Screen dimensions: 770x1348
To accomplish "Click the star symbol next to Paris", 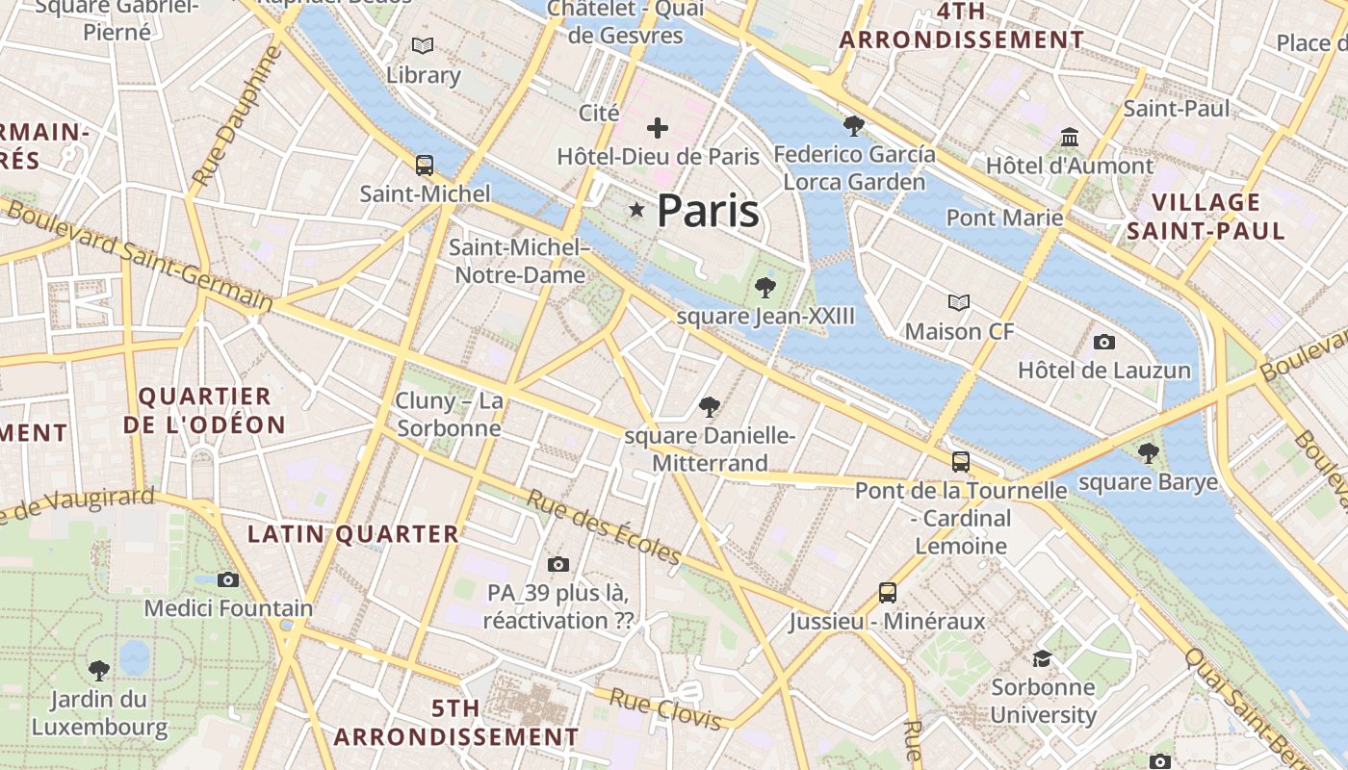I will pos(635,210).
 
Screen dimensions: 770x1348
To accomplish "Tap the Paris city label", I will pos(708,211).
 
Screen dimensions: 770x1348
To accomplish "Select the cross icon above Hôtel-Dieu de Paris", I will pos(658,128).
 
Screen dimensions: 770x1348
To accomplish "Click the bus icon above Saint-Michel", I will pos(425,165).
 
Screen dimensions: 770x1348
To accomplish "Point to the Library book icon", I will pos(422,45).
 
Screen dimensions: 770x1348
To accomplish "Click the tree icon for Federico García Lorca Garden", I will pos(853,125).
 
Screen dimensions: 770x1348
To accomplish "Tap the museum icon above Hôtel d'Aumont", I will pos(1070,138).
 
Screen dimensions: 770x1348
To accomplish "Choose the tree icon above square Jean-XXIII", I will pos(765,287).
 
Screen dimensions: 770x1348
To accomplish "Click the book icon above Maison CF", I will pos(959,303).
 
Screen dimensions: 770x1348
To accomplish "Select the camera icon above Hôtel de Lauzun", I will pos(1104,342).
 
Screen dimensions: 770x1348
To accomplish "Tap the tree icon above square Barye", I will pos(1148,452).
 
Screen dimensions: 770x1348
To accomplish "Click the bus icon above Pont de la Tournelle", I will pos(960,462).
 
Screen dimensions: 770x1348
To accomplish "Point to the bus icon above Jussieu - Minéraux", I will pos(888,593).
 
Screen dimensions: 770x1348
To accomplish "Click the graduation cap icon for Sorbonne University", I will pos(1043,658).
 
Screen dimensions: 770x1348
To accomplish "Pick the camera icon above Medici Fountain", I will pos(228,579).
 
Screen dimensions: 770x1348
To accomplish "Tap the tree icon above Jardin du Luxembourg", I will pos(99,670).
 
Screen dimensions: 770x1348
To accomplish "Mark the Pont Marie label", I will pos(1004,218).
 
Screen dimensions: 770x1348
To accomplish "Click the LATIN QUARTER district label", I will pos(353,534).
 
